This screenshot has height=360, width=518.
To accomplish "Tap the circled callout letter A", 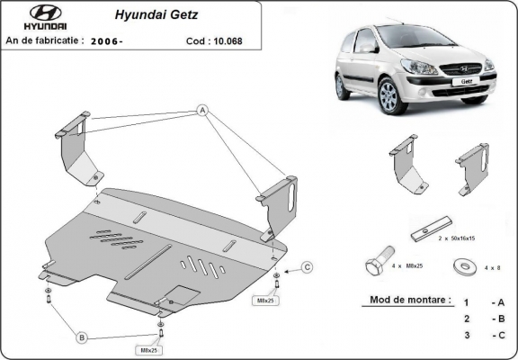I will point(202,110).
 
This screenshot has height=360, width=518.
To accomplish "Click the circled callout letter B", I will point(81,337).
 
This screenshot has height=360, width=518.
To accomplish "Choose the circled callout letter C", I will point(307,266).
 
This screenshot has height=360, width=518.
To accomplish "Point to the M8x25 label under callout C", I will point(268,300).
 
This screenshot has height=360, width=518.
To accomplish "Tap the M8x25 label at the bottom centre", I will point(149,348).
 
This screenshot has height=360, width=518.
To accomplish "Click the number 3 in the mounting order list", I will point(466,335).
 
